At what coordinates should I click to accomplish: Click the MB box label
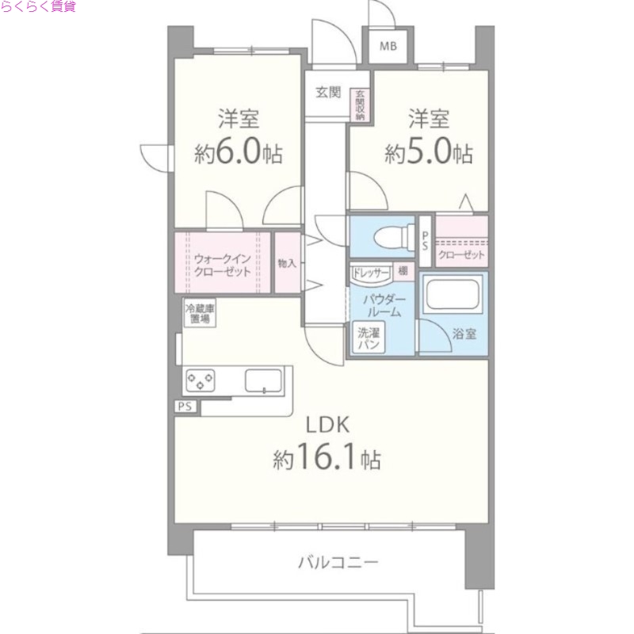(x=388, y=46)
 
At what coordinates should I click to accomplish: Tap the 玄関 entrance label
(x=329, y=93)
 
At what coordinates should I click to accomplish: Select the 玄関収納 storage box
(x=360, y=105)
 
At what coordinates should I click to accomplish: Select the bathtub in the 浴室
(x=454, y=296)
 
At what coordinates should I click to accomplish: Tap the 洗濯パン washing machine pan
(x=369, y=338)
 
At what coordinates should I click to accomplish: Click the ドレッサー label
(x=371, y=273)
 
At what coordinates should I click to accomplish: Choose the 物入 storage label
(x=286, y=263)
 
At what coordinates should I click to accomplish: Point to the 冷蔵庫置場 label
(x=200, y=313)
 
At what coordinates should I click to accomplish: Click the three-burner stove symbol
(x=201, y=381)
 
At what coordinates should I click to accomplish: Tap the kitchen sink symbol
(x=263, y=381)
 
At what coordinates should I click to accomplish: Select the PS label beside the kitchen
(x=185, y=407)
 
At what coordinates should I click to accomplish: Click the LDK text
(x=323, y=425)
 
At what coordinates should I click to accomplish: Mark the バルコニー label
(x=338, y=563)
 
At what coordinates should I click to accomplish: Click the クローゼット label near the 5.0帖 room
(x=461, y=255)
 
